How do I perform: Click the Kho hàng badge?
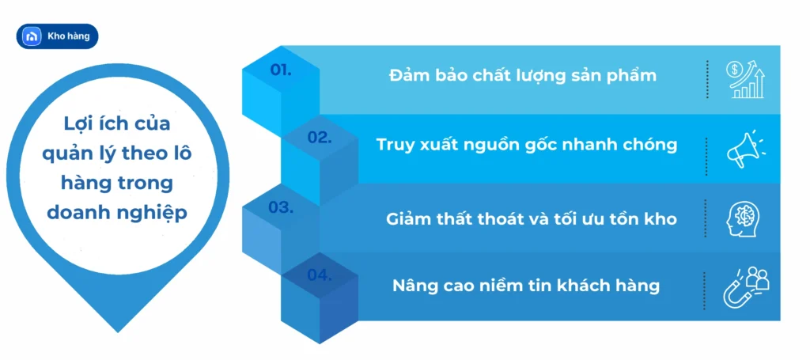[x=57, y=36]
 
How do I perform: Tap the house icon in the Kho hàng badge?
[x=32, y=36]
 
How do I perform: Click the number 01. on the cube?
[x=281, y=70]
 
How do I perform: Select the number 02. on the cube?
[x=320, y=138]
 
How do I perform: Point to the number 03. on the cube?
[x=281, y=207]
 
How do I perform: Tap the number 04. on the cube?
[x=319, y=275]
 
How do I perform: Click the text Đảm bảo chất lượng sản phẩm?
[x=523, y=76]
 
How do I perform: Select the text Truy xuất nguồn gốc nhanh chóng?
[x=527, y=145]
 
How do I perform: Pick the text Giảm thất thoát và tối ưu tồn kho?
[x=532, y=219]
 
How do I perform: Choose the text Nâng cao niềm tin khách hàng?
[x=526, y=286]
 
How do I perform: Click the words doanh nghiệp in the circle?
[x=117, y=212]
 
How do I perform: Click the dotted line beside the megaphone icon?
[x=706, y=149]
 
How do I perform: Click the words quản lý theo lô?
[x=117, y=153]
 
